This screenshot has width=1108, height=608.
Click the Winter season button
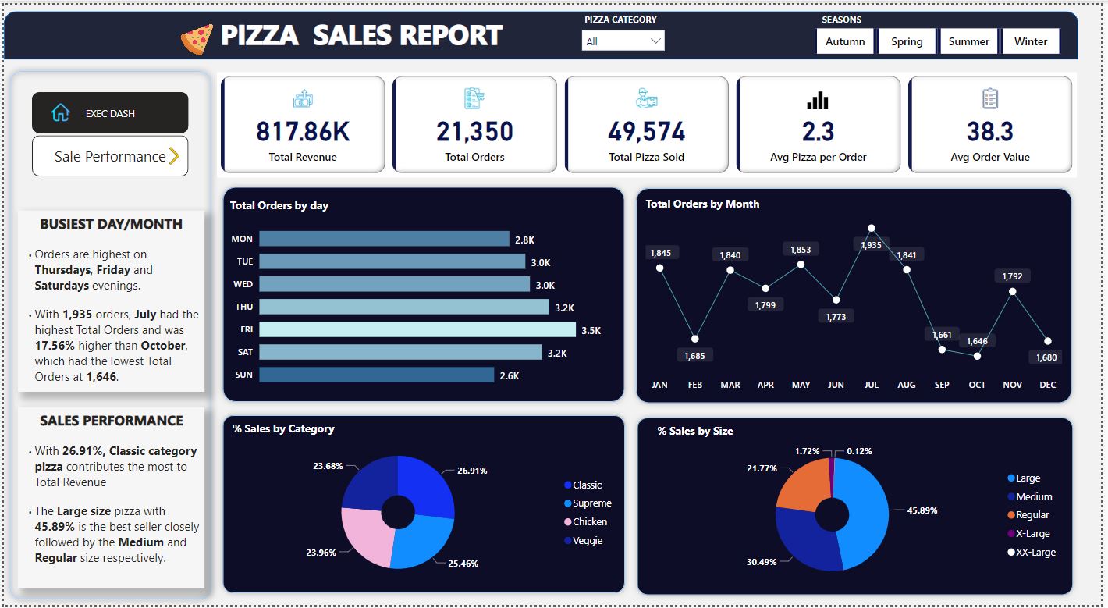(x=1031, y=41)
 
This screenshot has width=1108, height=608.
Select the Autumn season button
(x=845, y=41)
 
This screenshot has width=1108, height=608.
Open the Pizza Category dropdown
(x=623, y=41)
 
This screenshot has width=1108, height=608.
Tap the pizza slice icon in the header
(x=197, y=38)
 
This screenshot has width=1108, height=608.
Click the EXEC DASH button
(x=110, y=113)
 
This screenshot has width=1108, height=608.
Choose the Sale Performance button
(x=110, y=156)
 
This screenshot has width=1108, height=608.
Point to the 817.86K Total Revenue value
(x=303, y=132)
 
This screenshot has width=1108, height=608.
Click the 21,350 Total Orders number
(x=474, y=132)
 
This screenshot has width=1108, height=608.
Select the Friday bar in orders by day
(x=417, y=329)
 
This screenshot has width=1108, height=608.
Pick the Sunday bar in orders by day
(x=376, y=375)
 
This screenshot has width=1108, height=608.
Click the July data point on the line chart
(x=872, y=229)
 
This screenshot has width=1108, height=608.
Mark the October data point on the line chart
(x=977, y=356)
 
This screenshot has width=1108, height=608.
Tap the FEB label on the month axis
(x=694, y=385)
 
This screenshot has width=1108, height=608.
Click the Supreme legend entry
(x=591, y=503)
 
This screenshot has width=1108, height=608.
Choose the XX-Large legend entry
(x=1035, y=552)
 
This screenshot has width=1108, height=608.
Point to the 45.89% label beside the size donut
(x=922, y=510)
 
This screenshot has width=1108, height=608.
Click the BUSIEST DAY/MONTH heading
(x=111, y=224)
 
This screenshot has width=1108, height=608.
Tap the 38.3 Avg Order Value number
(x=989, y=132)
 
